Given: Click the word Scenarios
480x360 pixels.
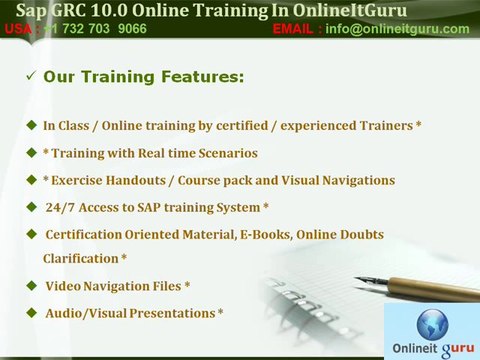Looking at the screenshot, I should pos(225,153).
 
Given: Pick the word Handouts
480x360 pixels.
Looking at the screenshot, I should pos(150,180).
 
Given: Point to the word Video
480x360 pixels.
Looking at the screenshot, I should pos(63,286).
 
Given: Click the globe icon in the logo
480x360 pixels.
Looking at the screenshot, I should pos(431,323).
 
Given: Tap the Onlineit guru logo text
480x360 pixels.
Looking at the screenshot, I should pos(432,347).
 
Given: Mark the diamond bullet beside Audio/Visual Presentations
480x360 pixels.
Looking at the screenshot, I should pos(30,313).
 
